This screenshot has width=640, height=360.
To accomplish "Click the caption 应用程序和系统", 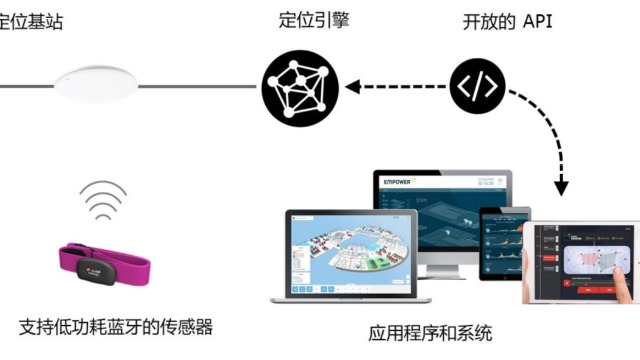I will [x=430, y=333].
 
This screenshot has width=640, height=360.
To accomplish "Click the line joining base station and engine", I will [x=200, y=85].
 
